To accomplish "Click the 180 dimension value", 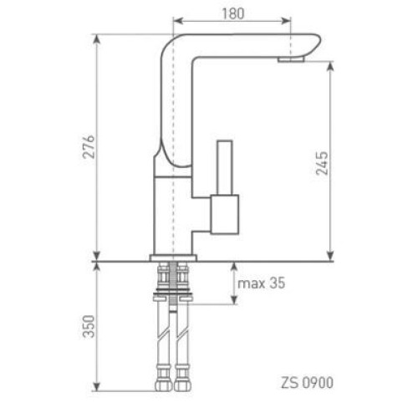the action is point(233,13).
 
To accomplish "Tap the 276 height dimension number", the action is point(89,147).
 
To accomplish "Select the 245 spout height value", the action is point(322,163).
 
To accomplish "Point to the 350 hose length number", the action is point(89,326).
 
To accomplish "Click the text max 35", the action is point(262,283).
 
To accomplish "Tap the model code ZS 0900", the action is point(307,383).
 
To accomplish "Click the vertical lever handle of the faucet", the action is point(225,167).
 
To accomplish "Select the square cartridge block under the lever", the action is point(225,214).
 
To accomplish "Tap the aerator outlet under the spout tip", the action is point(291,59).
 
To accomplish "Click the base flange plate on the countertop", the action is point(173,258).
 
